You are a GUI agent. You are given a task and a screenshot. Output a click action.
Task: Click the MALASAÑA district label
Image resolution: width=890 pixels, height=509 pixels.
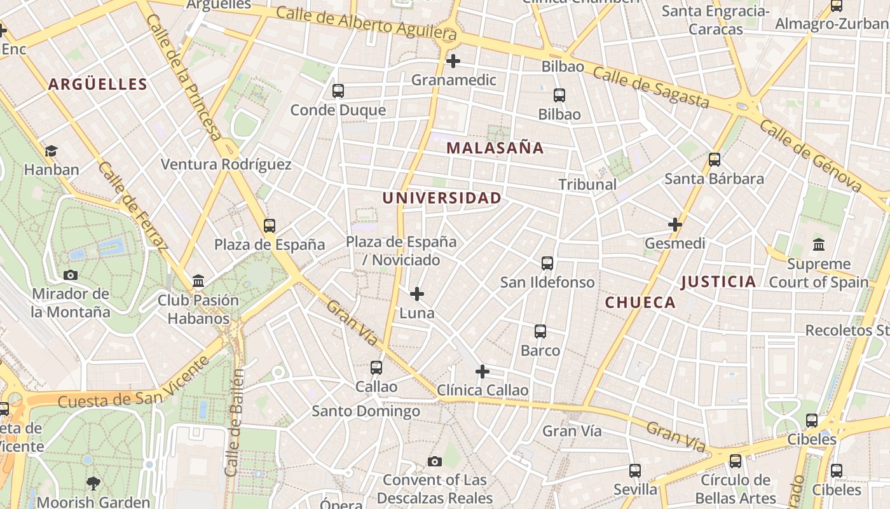click(x=495, y=148)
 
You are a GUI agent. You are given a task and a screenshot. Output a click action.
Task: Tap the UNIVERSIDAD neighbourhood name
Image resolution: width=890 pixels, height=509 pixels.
click(x=442, y=198)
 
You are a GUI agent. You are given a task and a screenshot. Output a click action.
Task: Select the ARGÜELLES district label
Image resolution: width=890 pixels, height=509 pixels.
click(x=98, y=84)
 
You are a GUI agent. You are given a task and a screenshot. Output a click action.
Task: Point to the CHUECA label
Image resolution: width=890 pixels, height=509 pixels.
click(x=640, y=302)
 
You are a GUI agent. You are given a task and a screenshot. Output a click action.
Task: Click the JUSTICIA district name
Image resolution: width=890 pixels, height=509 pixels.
click(x=718, y=281)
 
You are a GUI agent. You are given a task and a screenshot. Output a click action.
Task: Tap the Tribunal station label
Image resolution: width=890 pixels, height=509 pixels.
click(x=587, y=185)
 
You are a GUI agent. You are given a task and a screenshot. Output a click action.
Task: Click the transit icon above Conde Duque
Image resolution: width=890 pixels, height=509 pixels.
click(x=338, y=91)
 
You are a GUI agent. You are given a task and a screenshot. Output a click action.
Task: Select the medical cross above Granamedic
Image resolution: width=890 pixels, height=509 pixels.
click(x=453, y=61)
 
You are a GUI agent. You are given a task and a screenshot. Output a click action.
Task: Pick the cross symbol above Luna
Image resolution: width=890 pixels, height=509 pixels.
click(x=417, y=294)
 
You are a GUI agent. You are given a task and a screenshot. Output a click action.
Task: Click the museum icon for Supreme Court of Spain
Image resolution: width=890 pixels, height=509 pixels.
click(x=819, y=244)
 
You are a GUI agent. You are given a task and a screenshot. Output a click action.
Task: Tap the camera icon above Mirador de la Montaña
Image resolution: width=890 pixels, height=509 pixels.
click(x=71, y=275)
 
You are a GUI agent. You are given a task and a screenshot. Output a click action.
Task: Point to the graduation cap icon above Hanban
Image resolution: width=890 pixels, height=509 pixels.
click(x=51, y=151)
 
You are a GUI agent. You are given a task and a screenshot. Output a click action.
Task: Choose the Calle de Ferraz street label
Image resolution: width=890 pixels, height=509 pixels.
click(x=133, y=205)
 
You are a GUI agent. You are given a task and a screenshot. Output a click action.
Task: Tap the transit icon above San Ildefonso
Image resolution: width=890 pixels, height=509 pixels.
click(x=547, y=263)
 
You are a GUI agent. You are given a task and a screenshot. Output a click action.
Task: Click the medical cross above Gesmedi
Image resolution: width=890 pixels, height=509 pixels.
click(x=675, y=225)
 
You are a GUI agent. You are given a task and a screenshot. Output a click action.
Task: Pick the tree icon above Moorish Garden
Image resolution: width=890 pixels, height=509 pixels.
click(x=93, y=484)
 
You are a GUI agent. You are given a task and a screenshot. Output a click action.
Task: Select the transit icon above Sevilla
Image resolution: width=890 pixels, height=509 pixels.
click(x=635, y=471)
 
